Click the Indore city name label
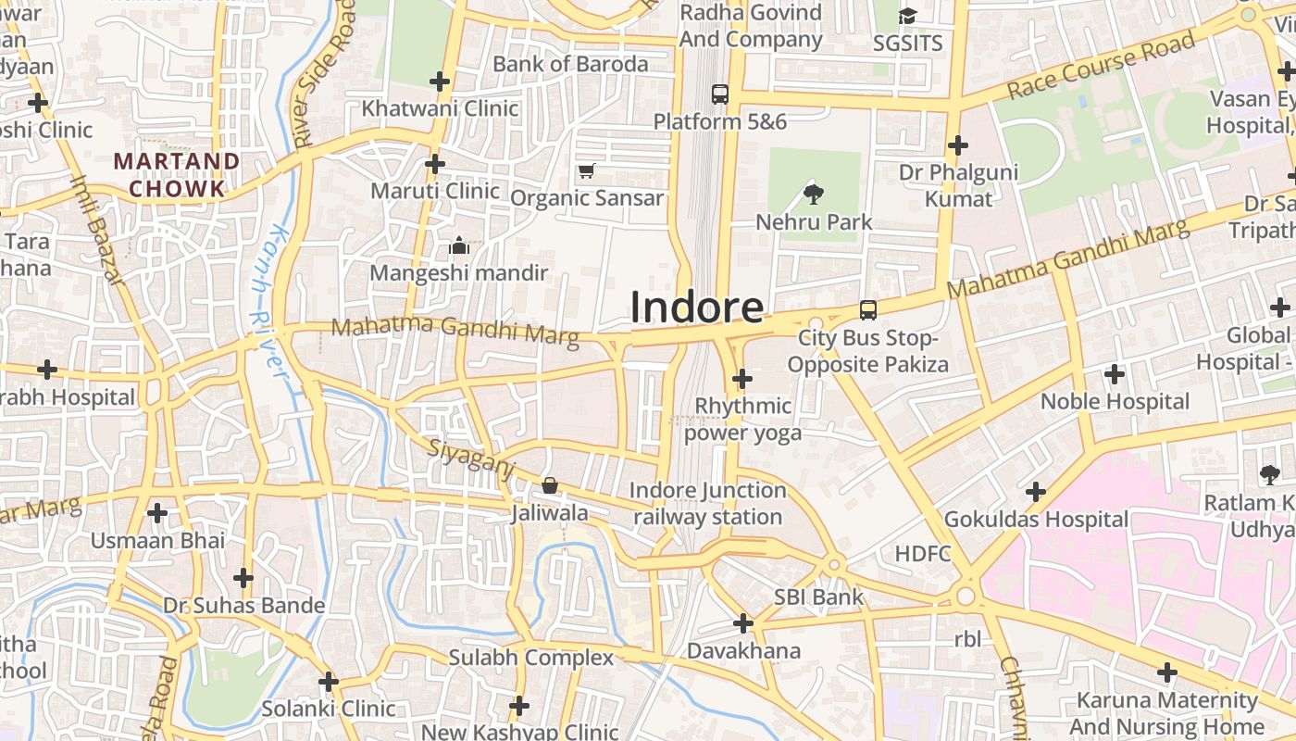[x=697, y=308]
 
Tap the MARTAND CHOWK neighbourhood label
[x=176, y=175]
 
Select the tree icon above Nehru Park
[x=814, y=194]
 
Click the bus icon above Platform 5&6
[x=719, y=94]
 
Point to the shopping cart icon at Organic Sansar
[x=586, y=170]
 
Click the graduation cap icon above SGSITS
[x=907, y=17]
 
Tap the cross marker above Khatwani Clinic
[x=440, y=82]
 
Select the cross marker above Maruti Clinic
[x=434, y=164]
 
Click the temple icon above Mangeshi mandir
[x=458, y=245]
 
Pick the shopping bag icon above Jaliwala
[x=550, y=485]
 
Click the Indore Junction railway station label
[x=708, y=504]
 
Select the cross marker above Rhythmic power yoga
[x=741, y=379]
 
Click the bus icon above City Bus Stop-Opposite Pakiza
[x=867, y=309]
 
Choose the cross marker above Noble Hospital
[x=1115, y=374]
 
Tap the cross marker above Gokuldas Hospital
[x=1036, y=492]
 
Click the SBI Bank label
[x=818, y=597]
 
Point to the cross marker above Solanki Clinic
[x=329, y=683]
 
